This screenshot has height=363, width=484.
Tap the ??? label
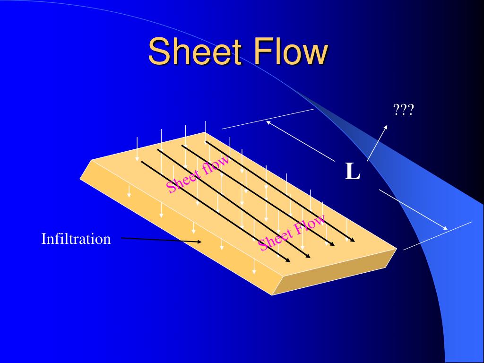click(x=403, y=110)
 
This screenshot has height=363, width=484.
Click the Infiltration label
click(x=76, y=239)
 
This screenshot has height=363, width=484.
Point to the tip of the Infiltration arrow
click(x=201, y=242)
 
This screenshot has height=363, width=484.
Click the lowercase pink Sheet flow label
click(x=198, y=174)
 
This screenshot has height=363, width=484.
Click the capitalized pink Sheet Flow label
click(x=291, y=232)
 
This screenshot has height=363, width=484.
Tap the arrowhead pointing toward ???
click(x=385, y=127)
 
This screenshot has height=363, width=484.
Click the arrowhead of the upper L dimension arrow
click(x=268, y=122)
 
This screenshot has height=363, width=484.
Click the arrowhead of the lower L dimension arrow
click(x=445, y=228)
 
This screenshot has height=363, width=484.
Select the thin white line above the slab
click(x=268, y=119)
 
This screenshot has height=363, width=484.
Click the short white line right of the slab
click(x=438, y=236)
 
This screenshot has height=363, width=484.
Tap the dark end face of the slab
click(x=334, y=272)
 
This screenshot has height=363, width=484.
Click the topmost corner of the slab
click(x=205, y=132)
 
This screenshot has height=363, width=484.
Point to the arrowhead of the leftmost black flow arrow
click(x=288, y=261)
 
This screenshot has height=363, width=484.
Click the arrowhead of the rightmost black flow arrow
click(x=353, y=240)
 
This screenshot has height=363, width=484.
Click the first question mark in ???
click(x=397, y=110)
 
